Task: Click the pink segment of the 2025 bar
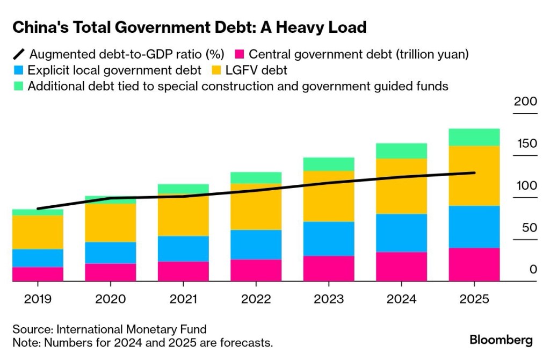474,264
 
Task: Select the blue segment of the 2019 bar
38,258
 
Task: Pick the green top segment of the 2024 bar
402,151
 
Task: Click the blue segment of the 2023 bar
329,239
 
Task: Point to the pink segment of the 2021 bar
183,271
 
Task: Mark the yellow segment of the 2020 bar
111,223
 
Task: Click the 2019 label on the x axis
38,299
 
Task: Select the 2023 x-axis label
329,299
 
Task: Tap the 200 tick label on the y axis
525,102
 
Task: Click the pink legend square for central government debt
240,54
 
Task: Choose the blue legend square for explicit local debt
18,70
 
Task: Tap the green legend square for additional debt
18,86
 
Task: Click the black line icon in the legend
19,54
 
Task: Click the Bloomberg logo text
501,340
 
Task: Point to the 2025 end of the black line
474,172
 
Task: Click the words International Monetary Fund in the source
131,329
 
